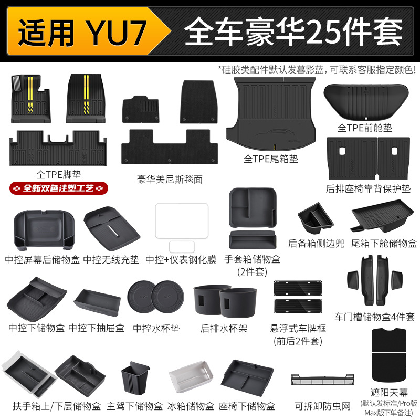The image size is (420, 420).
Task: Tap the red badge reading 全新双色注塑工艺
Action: [x=59, y=188]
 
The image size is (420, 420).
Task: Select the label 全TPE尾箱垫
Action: [x=271, y=159]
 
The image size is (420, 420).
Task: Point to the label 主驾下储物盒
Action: [x=134, y=406]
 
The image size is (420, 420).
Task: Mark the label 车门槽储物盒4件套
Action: [x=374, y=317]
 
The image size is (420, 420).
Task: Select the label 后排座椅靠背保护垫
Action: [x=369, y=188]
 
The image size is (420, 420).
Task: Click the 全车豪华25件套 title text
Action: [x=293, y=33]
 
